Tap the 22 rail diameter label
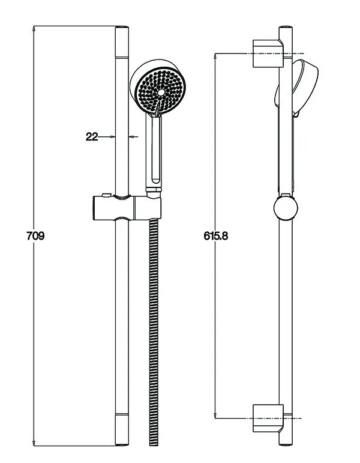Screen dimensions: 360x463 (92, 137)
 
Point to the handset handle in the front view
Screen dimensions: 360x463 (154, 150)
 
